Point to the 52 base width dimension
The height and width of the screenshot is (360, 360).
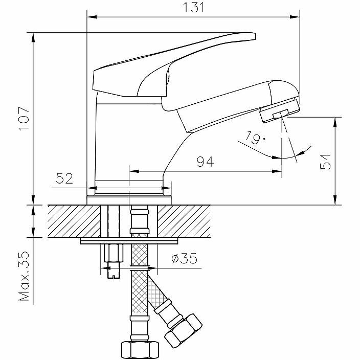tap(66, 178)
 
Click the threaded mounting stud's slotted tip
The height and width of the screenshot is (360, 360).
tap(114, 275)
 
